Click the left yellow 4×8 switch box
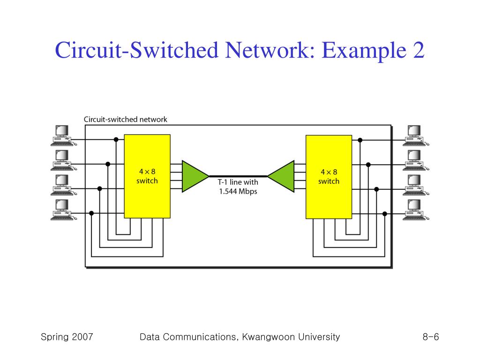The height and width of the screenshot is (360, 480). coord(147,176)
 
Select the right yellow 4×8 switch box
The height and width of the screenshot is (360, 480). coord(329,177)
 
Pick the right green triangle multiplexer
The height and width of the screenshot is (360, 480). coord(281,176)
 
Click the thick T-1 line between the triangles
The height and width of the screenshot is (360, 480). coord(238,176)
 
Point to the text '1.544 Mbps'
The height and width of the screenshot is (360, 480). coord(238,192)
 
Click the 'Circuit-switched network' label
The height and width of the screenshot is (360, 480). coord(126,120)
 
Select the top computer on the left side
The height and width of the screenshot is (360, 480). coord(63,135)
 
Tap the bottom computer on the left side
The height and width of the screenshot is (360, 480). coord(63,210)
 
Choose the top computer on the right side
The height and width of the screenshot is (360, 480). coord(415,135)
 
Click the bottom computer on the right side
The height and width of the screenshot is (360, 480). coord(415,210)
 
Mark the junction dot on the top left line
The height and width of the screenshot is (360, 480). coord(116,140)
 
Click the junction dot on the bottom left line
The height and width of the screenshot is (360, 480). coord(91,213)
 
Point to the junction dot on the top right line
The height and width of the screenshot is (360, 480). coord(360,140)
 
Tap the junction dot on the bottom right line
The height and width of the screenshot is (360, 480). coord(385,214)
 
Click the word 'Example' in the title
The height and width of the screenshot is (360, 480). coord(364,50)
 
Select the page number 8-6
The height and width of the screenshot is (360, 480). coord(431,337)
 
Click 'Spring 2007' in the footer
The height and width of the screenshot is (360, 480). coord(67,337)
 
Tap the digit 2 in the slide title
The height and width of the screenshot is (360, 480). coord(419,50)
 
